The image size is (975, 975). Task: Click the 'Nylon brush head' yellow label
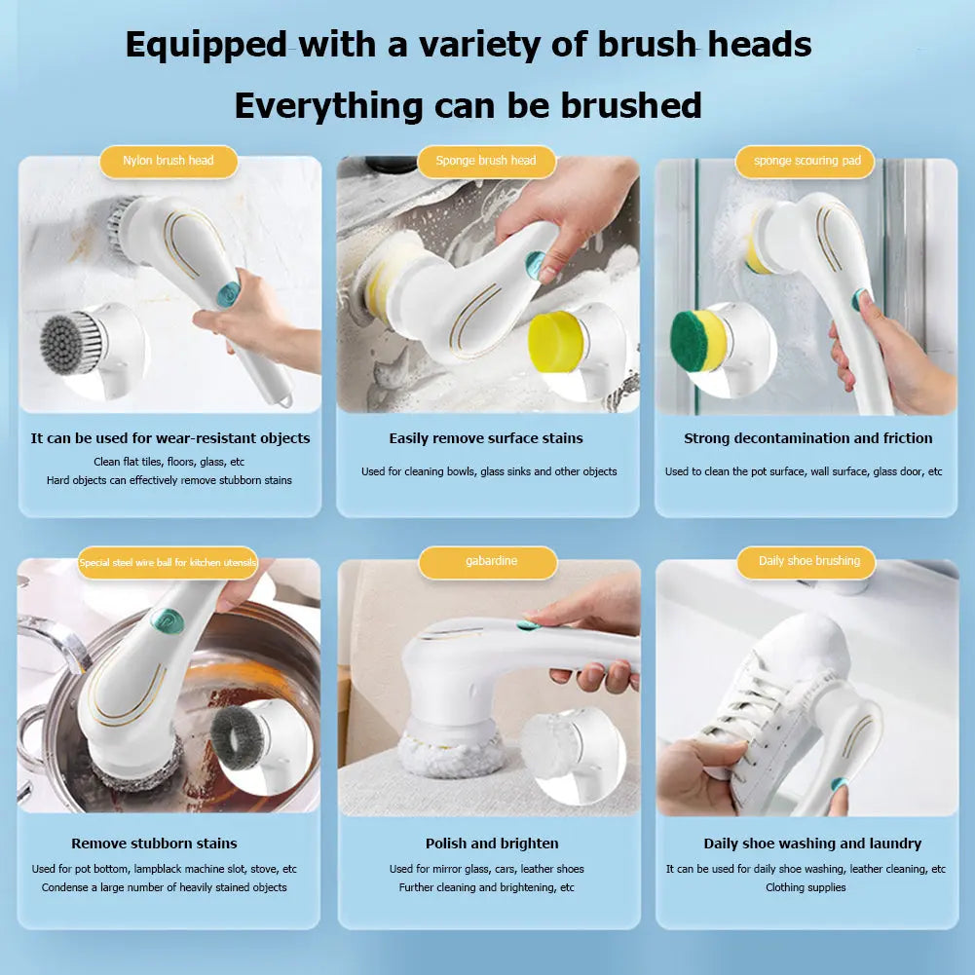[169, 161]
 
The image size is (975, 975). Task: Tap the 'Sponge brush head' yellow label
[486, 161]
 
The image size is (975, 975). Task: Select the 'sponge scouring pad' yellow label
[806, 161]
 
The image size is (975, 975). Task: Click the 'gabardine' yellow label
[491, 562]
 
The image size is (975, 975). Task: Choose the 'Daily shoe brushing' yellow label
[809, 562]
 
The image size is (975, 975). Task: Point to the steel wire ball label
[169, 563]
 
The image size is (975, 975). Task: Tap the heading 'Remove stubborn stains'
[154, 844]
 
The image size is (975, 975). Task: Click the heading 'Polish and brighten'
[492, 844]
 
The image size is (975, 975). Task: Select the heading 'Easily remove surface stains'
[486, 438]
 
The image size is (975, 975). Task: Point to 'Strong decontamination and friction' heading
[807, 438]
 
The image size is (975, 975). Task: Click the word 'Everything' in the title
[328, 105]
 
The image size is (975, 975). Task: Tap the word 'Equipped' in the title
[206, 45]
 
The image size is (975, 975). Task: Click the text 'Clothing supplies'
[806, 887]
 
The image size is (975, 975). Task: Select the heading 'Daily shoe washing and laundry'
[812, 844]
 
